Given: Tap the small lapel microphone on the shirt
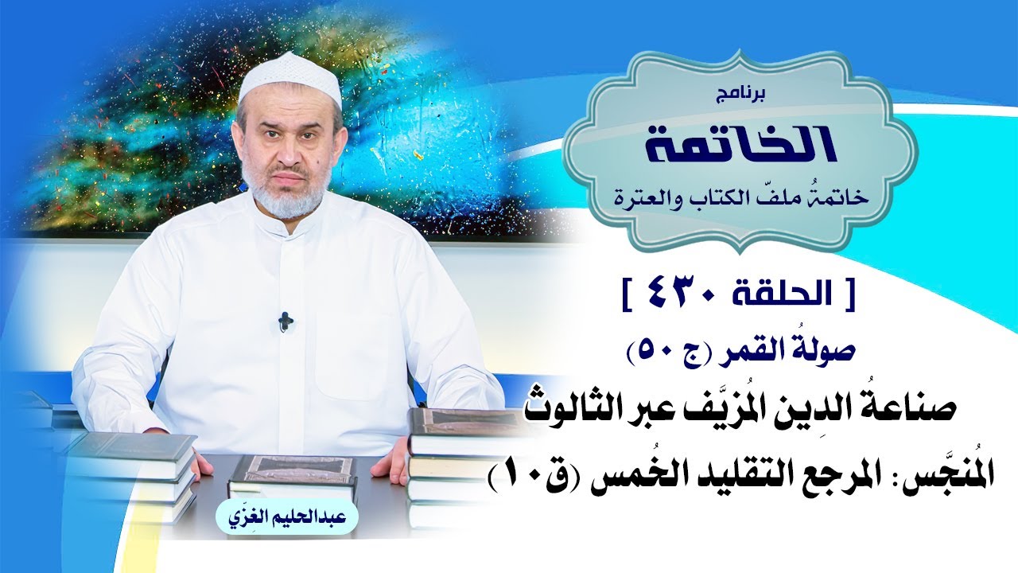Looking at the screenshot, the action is pyautogui.click(x=285, y=322).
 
